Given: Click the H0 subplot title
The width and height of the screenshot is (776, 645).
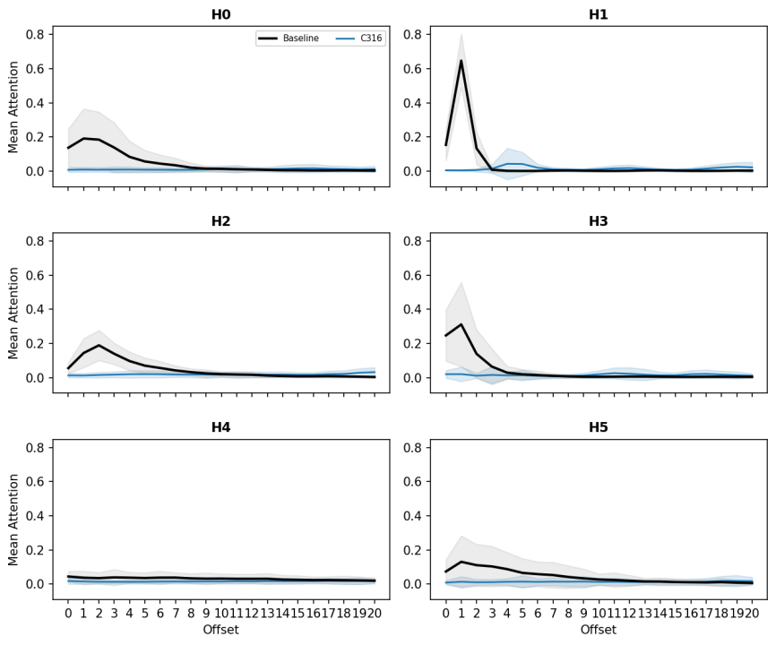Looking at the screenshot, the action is click(220, 14).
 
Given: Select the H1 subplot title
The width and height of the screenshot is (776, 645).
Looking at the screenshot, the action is click(599, 14).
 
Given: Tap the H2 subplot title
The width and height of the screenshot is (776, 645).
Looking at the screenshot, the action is click(220, 220).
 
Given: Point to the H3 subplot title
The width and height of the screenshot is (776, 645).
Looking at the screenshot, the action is click(599, 220).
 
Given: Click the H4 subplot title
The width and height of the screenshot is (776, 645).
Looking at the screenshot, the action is click(220, 427).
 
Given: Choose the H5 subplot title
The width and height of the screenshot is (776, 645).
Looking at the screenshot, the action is click(599, 427).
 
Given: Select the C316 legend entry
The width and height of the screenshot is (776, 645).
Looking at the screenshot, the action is click(358, 39).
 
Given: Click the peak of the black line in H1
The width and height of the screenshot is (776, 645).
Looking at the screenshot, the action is click(461, 61).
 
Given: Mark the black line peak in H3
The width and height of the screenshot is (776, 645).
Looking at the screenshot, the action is click(461, 324).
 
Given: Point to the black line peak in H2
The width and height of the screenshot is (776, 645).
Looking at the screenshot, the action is click(99, 345).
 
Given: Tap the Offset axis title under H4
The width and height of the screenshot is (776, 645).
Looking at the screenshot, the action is click(220, 630).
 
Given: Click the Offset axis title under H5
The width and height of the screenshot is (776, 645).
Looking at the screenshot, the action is click(599, 630).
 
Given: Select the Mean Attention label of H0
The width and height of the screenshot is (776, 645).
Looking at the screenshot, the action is click(13, 107).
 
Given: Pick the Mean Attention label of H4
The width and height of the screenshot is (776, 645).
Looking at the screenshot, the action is click(13, 520).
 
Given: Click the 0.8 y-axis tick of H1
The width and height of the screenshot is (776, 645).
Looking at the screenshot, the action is click(412, 34).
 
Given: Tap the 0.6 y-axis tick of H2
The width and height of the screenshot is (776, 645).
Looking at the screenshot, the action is click(35, 275).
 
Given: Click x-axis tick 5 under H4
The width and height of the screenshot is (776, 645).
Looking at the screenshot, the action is click(145, 614).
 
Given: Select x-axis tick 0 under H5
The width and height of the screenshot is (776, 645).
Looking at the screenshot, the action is click(446, 614).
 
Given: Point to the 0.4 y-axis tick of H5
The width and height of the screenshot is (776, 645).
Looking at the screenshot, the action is click(412, 516).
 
